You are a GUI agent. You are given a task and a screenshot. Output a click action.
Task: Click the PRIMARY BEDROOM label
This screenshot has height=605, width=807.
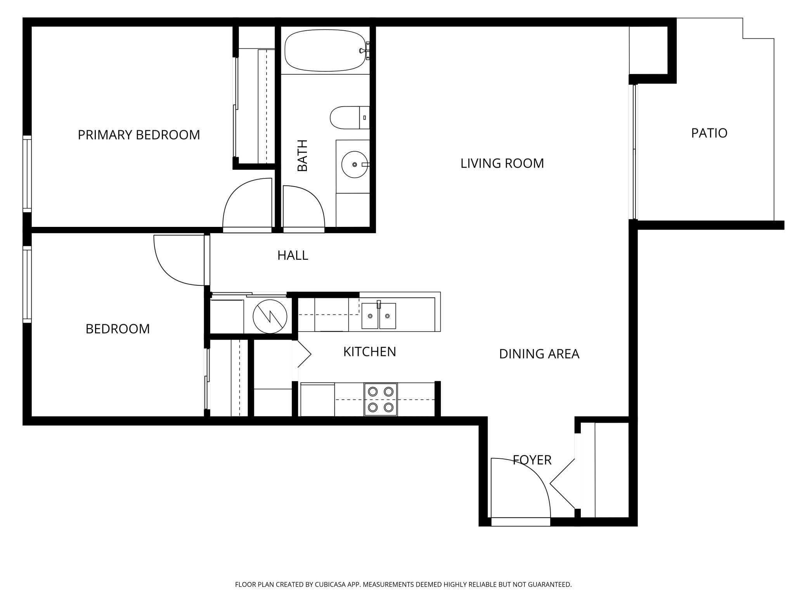(139, 135)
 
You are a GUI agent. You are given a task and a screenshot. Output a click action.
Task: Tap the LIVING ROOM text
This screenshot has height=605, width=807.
(502, 163)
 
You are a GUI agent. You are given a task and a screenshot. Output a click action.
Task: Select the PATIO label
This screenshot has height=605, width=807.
(709, 133)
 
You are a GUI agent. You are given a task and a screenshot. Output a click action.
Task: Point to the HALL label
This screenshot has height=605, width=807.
(293, 255)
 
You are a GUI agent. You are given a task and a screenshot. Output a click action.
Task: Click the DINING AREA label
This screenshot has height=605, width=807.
(539, 354)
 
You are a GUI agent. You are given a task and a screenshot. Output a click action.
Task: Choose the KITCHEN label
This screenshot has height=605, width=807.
(369, 352)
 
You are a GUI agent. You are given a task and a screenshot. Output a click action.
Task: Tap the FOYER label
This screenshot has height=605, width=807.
(532, 460)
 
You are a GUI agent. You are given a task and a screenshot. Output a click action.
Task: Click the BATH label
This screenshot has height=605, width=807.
(302, 156)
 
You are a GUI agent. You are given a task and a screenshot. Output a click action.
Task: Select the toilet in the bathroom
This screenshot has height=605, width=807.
(350, 118)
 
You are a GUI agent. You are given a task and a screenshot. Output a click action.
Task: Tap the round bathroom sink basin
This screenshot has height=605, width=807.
(355, 164)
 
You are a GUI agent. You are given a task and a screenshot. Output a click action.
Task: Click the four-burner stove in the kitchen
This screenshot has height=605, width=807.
(380, 399)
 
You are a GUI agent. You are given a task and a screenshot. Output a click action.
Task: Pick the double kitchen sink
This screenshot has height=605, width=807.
(379, 316)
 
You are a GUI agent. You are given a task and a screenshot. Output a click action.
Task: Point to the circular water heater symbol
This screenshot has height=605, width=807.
(270, 316)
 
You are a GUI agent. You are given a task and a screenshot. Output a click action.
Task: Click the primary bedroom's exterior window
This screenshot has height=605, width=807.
(27, 174)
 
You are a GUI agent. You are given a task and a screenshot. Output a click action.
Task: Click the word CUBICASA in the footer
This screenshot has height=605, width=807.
(330, 584)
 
